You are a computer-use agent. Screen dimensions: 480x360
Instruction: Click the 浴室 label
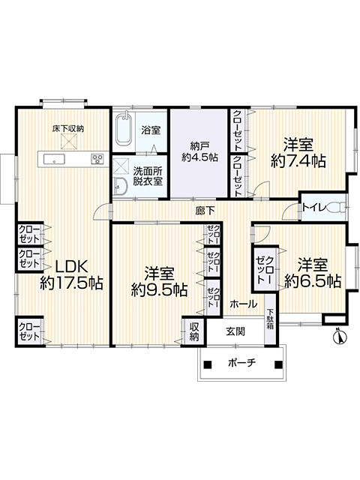(151, 130)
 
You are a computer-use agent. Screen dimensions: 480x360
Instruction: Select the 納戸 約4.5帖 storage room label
(199, 151)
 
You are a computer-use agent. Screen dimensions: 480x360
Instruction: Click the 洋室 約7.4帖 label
(298, 151)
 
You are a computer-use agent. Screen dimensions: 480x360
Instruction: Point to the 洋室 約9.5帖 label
(160, 281)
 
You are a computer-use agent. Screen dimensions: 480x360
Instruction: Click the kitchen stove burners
(97, 158)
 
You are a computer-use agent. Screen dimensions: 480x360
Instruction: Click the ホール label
(244, 304)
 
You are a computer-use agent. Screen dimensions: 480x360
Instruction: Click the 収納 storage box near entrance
(193, 331)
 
